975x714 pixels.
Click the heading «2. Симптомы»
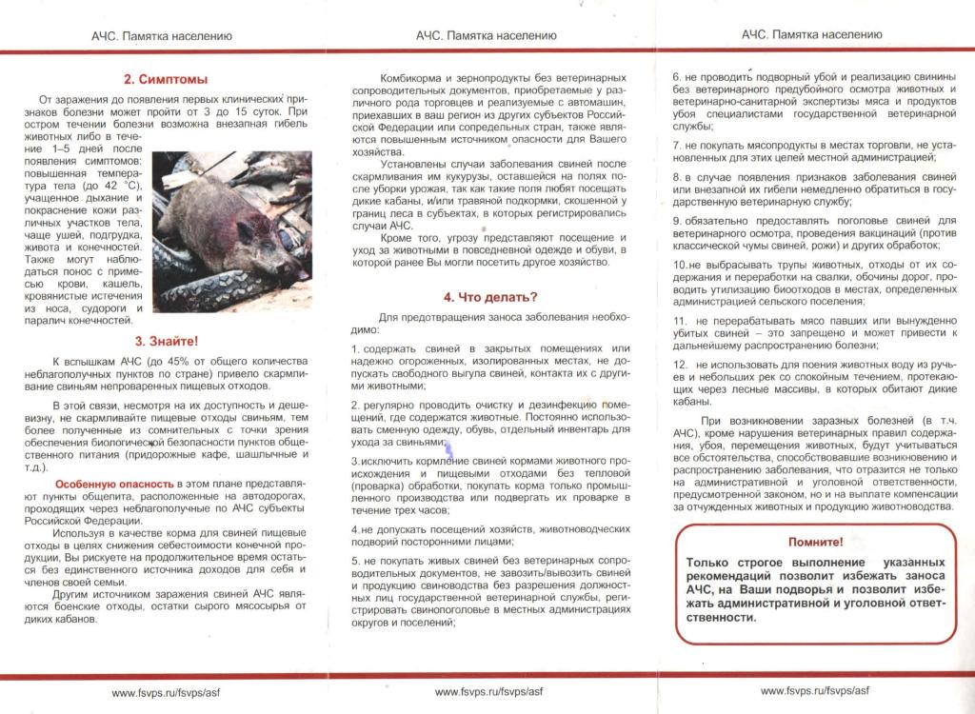(x=166, y=79)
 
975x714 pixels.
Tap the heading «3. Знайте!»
(x=166, y=341)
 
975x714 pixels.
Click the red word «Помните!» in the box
(x=816, y=542)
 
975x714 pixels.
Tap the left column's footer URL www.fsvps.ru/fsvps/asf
(x=166, y=692)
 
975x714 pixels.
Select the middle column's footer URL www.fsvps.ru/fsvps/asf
(x=488, y=692)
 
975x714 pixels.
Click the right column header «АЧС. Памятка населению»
(x=811, y=34)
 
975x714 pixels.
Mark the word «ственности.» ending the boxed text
(x=723, y=616)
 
